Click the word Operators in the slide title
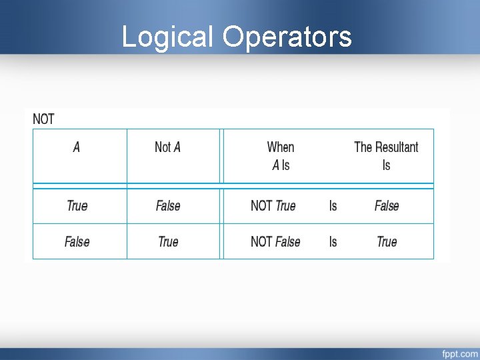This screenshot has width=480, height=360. [x=287, y=37]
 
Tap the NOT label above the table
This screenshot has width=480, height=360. [x=43, y=119]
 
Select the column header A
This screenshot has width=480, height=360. [x=77, y=147]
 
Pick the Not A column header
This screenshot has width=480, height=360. [x=167, y=147]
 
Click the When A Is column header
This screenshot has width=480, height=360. [x=281, y=156]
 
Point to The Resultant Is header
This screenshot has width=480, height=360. [x=386, y=156]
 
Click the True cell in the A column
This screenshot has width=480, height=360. [x=77, y=205]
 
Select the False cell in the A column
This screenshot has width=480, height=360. [x=77, y=241]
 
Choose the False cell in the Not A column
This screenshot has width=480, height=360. [x=168, y=205]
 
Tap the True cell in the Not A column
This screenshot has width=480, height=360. [x=168, y=241]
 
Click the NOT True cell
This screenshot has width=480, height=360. [x=273, y=205]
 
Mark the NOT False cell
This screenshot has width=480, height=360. [x=275, y=241]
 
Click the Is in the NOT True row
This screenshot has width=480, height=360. [x=333, y=205]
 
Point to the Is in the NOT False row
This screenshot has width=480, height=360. [x=333, y=241]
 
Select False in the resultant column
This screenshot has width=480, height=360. [x=387, y=205]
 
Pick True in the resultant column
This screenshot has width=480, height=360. [x=387, y=241]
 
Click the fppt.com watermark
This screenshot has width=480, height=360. [x=459, y=353]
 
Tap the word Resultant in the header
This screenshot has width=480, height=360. [x=397, y=147]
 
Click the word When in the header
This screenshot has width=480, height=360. [x=281, y=147]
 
